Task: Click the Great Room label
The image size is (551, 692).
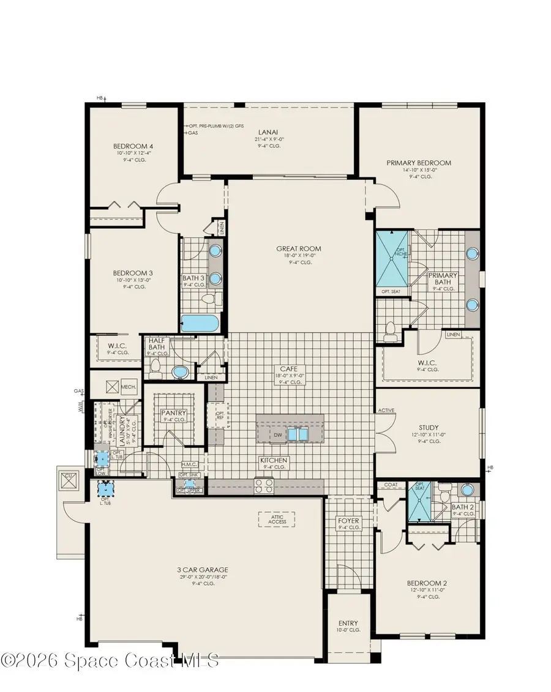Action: tap(298, 248)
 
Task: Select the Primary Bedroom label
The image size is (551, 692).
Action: tap(418, 163)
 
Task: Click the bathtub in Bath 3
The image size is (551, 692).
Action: tap(198, 323)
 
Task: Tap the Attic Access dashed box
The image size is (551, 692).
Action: tap(275, 518)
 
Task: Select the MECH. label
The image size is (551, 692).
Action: tap(128, 387)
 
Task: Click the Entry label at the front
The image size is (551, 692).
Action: tap(347, 624)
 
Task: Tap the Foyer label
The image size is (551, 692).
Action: tap(348, 521)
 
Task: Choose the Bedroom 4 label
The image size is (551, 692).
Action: tap(131, 146)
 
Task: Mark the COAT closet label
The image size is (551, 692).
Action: tap(391, 485)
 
